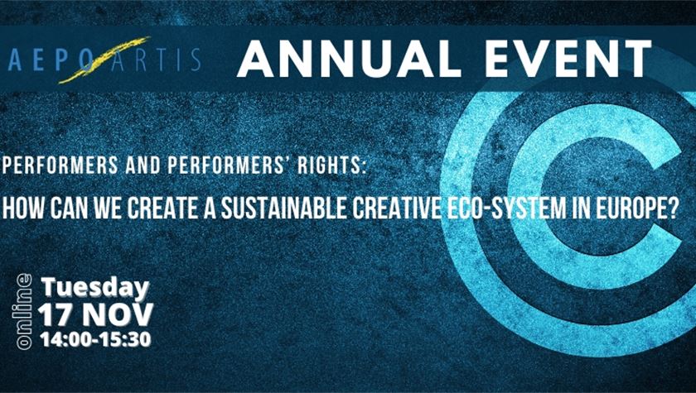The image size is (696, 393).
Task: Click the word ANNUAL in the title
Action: [349, 59]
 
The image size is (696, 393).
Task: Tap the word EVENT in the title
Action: [568, 59]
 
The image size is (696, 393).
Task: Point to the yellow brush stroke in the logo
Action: [104, 60]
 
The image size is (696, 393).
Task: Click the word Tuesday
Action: [95, 289]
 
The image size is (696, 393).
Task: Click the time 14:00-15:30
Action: [95, 339]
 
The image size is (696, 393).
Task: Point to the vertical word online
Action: [24, 311]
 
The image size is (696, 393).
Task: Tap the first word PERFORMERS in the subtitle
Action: [60, 165]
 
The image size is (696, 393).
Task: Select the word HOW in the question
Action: [23, 208]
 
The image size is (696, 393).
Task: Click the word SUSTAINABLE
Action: [284, 208]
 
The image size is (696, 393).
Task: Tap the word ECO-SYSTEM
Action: [504, 208]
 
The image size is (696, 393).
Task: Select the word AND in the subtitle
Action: [143, 165]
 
